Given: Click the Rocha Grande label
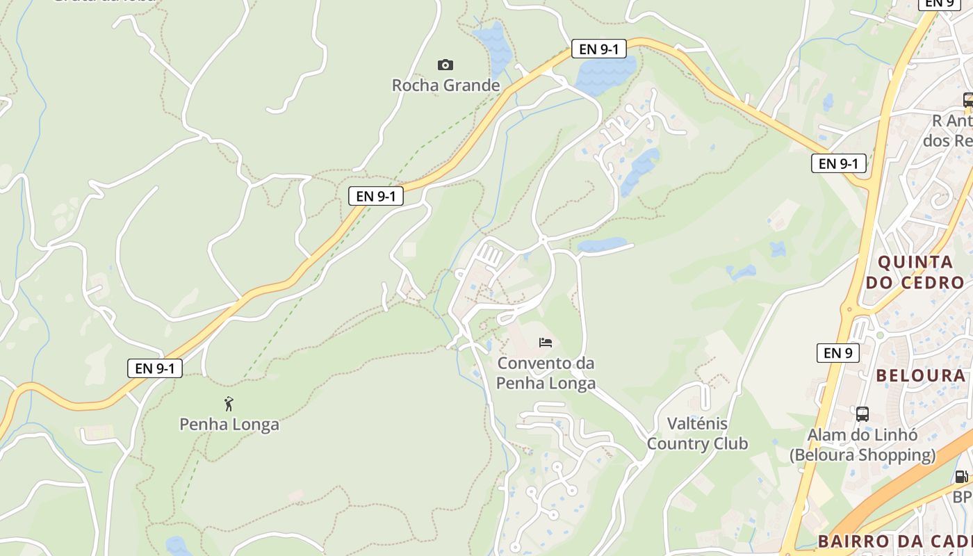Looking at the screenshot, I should coord(445,85).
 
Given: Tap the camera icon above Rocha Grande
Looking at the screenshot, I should coord(445,65).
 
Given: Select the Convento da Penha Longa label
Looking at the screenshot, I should coord(546,373).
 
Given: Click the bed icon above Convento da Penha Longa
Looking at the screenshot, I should coord(546,342).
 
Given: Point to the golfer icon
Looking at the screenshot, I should coord(229,404).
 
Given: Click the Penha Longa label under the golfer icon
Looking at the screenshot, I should coord(229,424).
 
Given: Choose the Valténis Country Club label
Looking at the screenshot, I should coord(697,434).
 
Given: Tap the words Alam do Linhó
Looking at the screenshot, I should coord(862,435).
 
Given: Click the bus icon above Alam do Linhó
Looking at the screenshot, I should coord(862,414).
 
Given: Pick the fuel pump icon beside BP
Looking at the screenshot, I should coord(961,477).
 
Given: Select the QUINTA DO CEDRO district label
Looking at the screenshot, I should coord(915,272).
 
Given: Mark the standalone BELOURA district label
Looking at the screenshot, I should coord(921,376).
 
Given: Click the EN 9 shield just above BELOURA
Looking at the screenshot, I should coord(837,353).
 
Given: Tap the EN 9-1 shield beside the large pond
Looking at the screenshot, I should coord(599,49).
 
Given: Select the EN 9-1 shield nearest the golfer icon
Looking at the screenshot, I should coord(155,368).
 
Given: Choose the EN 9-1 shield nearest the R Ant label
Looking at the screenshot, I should coord(838,163).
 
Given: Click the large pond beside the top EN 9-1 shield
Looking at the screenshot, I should coord(605,73).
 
